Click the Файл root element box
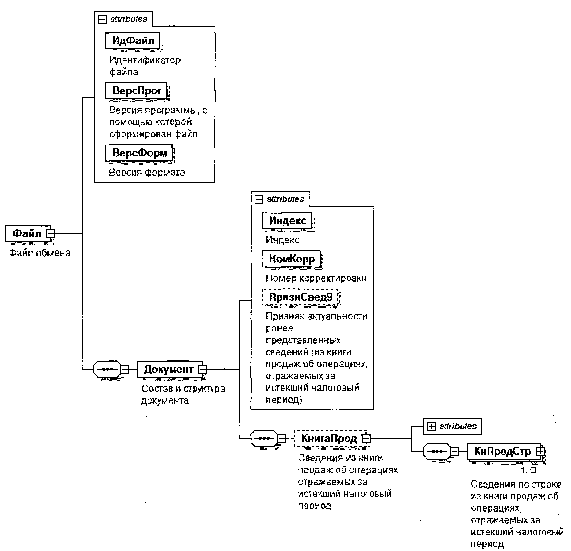pos(27,233)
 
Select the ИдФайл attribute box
pos(133,41)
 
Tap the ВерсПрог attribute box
pos(136,91)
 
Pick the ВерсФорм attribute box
pos(139,153)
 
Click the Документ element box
pos(169,369)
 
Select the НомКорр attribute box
pos(291,259)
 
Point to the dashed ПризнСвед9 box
pos(300,297)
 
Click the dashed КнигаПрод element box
pos(329,438)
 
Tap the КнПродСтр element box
pos(502,451)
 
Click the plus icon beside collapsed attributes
pos(431,426)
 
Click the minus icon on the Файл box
pos(51,233)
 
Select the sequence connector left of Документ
pos(108,369)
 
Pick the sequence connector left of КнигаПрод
pos(264,438)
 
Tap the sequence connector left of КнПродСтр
pos(437,451)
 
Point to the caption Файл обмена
pos(40,253)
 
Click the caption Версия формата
pos(147,173)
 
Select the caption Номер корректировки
pos(316,278)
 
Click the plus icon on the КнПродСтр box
pos(540,451)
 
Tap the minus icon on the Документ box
pos(203,369)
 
